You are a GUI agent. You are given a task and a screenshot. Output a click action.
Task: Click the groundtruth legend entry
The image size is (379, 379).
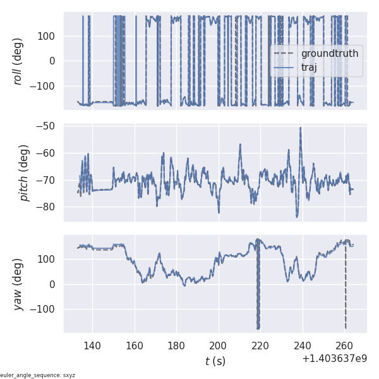[x=329, y=54]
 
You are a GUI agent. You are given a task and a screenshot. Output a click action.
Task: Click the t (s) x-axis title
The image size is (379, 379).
[x=215, y=361]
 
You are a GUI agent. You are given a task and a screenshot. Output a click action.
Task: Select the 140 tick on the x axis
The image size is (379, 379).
[x=92, y=346]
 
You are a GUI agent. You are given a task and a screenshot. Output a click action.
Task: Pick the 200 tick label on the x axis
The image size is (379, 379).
[x=219, y=346]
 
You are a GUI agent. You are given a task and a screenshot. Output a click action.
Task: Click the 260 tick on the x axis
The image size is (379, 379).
[x=344, y=346]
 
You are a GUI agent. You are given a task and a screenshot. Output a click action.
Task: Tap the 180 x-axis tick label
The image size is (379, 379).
[x=176, y=346]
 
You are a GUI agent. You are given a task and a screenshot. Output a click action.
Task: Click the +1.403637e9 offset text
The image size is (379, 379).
[x=334, y=359]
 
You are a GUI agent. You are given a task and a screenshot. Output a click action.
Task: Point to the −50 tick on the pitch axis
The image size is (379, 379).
[x=48, y=126]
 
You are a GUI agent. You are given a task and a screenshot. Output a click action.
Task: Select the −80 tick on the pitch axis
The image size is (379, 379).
[x=48, y=207]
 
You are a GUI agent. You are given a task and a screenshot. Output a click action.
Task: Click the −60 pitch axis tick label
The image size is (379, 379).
[x=48, y=153]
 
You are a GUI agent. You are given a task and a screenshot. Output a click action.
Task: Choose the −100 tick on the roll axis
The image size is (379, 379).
[x=45, y=86]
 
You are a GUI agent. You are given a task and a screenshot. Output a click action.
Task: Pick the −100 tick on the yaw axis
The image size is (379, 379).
[x=45, y=310]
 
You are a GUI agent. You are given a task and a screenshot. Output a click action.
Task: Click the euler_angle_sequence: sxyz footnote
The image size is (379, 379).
[x=38, y=375]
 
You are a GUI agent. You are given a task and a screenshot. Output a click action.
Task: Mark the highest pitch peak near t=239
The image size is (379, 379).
[x=301, y=128]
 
